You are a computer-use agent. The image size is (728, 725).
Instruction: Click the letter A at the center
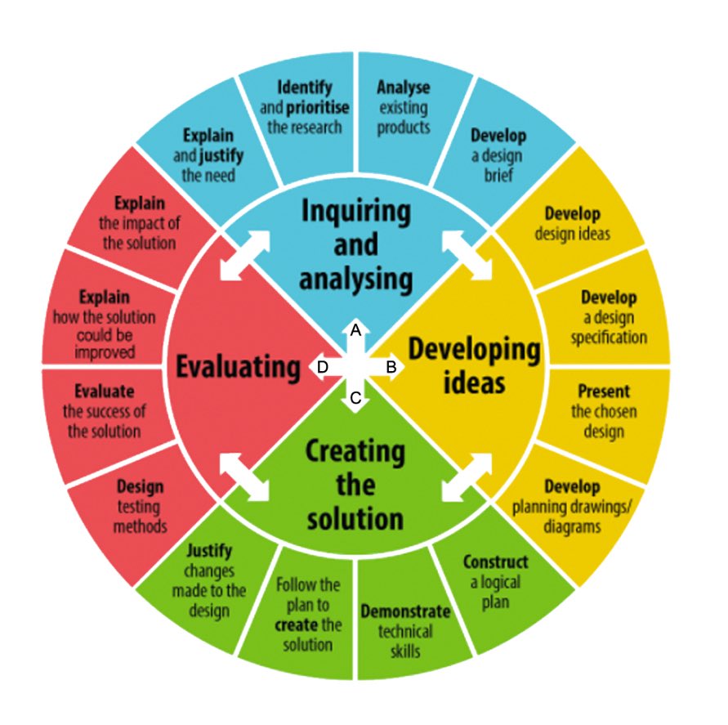[355, 330]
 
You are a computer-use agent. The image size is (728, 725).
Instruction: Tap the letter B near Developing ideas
[391, 368]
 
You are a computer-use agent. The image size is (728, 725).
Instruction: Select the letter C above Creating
[355, 399]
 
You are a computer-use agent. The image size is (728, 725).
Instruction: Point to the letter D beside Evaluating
[322, 368]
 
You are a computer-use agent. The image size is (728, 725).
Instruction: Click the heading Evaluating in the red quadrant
[239, 367]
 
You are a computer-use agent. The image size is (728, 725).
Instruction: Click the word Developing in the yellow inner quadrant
[474, 350]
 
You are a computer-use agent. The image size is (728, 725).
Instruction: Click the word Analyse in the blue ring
[403, 87]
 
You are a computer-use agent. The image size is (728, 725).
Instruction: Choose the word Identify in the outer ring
[305, 87]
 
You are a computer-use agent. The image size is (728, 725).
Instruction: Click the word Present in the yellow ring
[604, 391]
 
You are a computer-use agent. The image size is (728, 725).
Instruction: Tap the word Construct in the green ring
[495, 562]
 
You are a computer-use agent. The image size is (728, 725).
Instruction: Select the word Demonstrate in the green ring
[405, 611]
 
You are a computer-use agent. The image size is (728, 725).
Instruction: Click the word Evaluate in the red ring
[104, 391]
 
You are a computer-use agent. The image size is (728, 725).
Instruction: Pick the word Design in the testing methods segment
[140, 487]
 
